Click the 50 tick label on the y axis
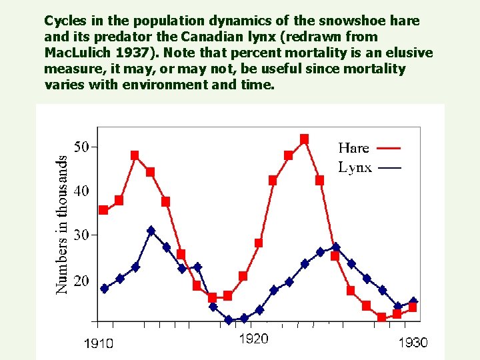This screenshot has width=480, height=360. coord(81,147)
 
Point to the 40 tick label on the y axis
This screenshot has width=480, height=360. coord(81,191)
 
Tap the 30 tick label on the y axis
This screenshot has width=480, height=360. coord(81,235)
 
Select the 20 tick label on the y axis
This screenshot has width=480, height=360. coord(81,281)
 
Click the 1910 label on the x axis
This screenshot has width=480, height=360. coord(98,343)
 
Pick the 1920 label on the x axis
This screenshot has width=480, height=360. coord(253,339)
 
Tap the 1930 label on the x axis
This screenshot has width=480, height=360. coord(413,343)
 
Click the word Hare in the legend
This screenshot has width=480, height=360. coord(353,148)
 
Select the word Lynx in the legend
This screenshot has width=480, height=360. coord(355,167)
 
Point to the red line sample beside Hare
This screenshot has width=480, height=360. coord(389,148)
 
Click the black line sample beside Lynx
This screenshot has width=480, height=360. coord(389,168)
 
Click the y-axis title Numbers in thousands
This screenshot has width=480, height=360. coord(61,225)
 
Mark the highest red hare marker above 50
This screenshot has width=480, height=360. coord(304,139)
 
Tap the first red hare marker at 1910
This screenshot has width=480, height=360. coord(103,210)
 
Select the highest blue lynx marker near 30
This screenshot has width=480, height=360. coord(151,231)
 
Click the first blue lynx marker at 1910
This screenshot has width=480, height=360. coord(104,289)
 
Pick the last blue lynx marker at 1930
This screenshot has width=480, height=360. coord(413,301)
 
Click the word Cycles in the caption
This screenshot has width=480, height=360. coord(67,21)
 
